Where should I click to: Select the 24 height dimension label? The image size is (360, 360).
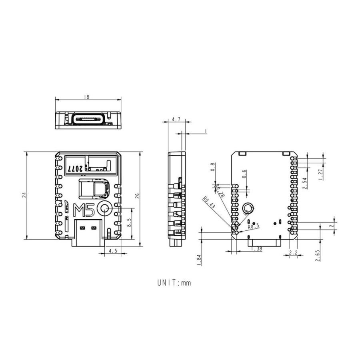[24, 195]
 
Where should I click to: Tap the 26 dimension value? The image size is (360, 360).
[137, 196]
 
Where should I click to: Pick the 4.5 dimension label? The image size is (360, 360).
[113, 251]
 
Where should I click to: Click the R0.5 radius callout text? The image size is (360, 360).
[254, 227]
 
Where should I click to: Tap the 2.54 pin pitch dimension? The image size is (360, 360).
[304, 183]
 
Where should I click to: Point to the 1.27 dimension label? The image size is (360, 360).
[320, 174]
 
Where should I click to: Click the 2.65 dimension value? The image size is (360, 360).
[317, 255]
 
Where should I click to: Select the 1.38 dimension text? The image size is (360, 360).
[256, 249]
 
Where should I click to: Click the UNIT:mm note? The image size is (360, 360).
[174, 283]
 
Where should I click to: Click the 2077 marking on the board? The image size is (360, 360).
[75, 169]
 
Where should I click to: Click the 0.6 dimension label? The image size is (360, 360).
[244, 174]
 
